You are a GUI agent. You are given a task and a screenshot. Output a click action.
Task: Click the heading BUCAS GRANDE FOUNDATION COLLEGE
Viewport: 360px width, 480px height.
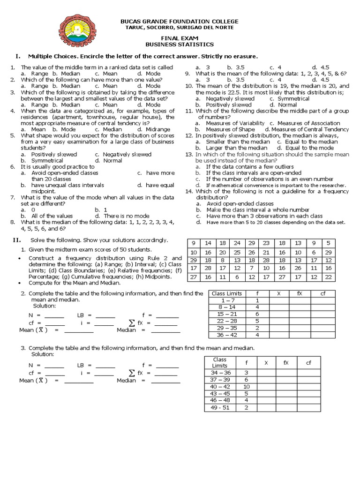[180, 22]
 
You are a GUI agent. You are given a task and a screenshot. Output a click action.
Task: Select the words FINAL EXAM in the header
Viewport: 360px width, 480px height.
[180, 38]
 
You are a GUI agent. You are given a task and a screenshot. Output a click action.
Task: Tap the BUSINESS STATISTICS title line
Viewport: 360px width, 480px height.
[180, 45]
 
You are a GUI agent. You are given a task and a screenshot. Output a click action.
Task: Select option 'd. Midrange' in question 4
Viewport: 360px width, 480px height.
[154, 129]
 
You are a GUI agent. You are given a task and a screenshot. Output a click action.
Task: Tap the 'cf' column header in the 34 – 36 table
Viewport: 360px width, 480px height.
[308, 362]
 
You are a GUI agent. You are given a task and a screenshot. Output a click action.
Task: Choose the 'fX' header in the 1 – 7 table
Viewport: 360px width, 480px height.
[299, 293]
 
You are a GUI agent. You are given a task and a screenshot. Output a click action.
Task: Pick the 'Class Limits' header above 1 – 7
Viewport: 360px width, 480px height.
[227, 293]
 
